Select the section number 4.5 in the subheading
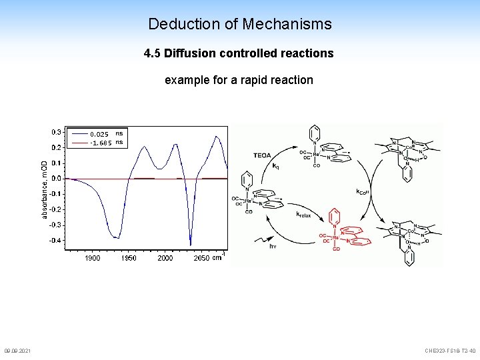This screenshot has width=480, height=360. click(x=153, y=53)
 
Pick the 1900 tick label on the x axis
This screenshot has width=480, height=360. click(x=93, y=258)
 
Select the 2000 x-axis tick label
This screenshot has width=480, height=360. click(x=165, y=258)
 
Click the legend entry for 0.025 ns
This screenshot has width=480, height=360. click(x=100, y=134)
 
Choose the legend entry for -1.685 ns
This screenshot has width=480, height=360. click(x=100, y=142)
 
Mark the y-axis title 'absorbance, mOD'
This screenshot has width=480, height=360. click(x=44, y=189)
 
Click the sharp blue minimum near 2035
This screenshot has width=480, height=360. click(x=191, y=243)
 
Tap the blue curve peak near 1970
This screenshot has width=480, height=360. click(x=142, y=147)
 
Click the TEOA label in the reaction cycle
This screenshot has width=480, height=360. click(x=262, y=155)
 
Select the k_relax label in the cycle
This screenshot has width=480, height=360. click(x=303, y=215)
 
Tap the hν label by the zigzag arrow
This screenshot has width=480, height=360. click(x=273, y=246)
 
